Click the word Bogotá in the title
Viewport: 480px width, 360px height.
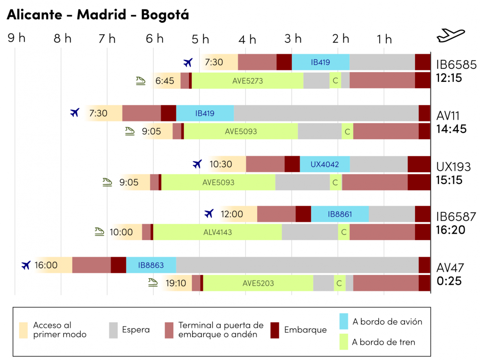tap(165, 15)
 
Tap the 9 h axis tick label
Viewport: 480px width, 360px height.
tap(17, 38)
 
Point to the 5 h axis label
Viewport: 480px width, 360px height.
tap(200, 39)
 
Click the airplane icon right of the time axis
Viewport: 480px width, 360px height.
tap(450, 35)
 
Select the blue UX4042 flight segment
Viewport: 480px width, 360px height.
tap(324, 164)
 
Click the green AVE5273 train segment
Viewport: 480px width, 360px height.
tap(247, 81)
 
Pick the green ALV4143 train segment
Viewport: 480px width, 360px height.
tap(217, 232)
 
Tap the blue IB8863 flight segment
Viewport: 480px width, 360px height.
tap(151, 265)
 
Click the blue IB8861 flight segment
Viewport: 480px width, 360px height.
tap(340, 214)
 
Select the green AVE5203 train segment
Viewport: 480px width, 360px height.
tap(258, 283)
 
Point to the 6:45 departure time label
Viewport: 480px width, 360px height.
tap(165, 81)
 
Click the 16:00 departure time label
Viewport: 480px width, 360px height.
tap(46, 265)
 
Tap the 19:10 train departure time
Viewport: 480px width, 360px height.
tap(176, 283)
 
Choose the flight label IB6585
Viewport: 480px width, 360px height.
tap(456, 65)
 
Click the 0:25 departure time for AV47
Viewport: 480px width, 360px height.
tap(449, 281)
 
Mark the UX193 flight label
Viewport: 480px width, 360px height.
tap(453, 167)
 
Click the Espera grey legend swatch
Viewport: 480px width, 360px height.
tap(113, 330)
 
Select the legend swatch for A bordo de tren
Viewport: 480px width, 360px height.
tap(344, 342)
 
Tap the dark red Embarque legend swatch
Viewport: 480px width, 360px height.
tap(275, 330)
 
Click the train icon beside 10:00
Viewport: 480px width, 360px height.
tap(99, 232)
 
